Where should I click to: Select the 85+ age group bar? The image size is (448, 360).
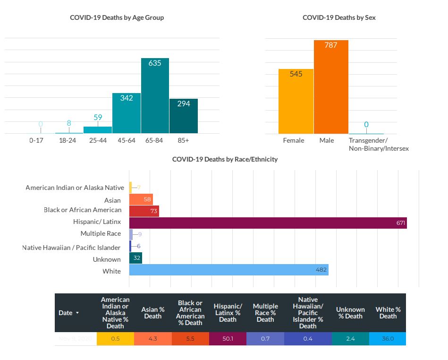(184, 116)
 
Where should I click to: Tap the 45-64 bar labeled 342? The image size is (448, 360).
(127, 113)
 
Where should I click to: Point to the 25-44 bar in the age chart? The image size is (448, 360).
(98, 130)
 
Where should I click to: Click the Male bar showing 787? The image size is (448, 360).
(331, 87)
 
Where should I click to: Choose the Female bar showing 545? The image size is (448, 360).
(296, 102)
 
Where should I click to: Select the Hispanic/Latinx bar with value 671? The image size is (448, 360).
(268, 223)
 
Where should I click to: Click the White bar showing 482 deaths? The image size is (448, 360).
(228, 270)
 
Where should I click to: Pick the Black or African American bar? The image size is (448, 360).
(144, 211)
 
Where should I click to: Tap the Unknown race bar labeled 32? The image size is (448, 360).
(135, 258)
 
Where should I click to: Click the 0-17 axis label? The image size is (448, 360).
(36, 141)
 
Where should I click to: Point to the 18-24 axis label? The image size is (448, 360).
(69, 141)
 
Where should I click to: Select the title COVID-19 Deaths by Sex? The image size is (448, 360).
(339, 18)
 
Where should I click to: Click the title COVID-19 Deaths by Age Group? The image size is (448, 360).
(117, 18)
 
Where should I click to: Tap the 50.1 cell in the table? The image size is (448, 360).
(228, 339)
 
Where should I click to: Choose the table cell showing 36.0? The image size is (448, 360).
(388, 339)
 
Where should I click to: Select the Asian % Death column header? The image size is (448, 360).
(153, 313)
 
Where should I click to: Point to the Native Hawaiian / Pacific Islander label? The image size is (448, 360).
(71, 248)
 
